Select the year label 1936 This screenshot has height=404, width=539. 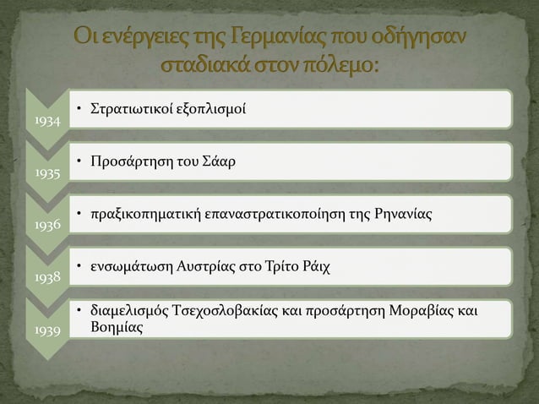(x=47, y=227)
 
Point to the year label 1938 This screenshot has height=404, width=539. (x=47, y=278)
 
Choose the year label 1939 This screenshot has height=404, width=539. (x=47, y=331)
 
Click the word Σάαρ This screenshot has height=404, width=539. (x=220, y=162)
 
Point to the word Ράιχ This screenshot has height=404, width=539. (x=315, y=267)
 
